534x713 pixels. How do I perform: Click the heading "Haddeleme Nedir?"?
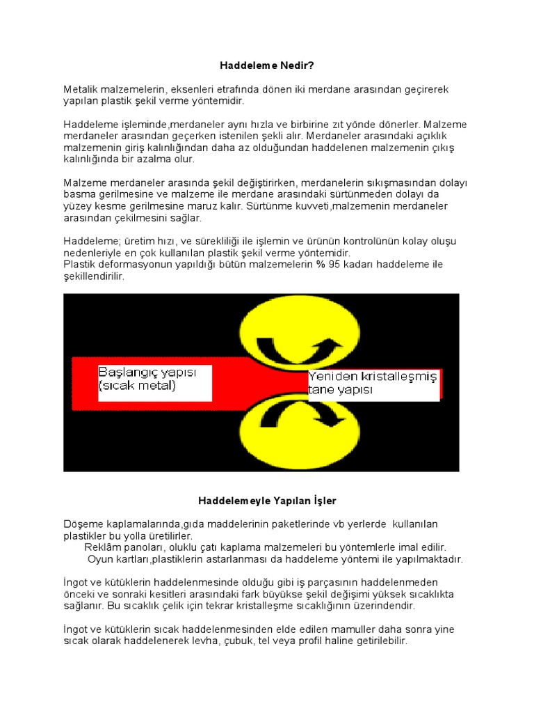point(267,65)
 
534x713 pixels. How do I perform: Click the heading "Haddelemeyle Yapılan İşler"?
point(267,500)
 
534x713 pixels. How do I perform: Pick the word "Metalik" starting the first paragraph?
point(81,90)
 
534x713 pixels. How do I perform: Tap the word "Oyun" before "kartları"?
point(100,559)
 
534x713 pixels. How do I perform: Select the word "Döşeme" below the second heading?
point(83,524)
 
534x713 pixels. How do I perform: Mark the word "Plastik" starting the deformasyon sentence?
point(81,265)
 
